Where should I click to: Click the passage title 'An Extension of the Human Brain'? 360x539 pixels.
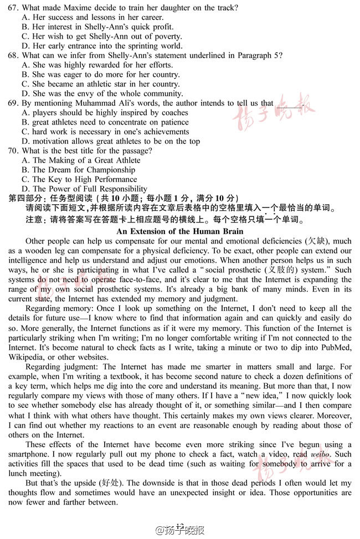click(x=180, y=231)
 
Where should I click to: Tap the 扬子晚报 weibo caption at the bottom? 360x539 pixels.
click(x=180, y=530)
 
